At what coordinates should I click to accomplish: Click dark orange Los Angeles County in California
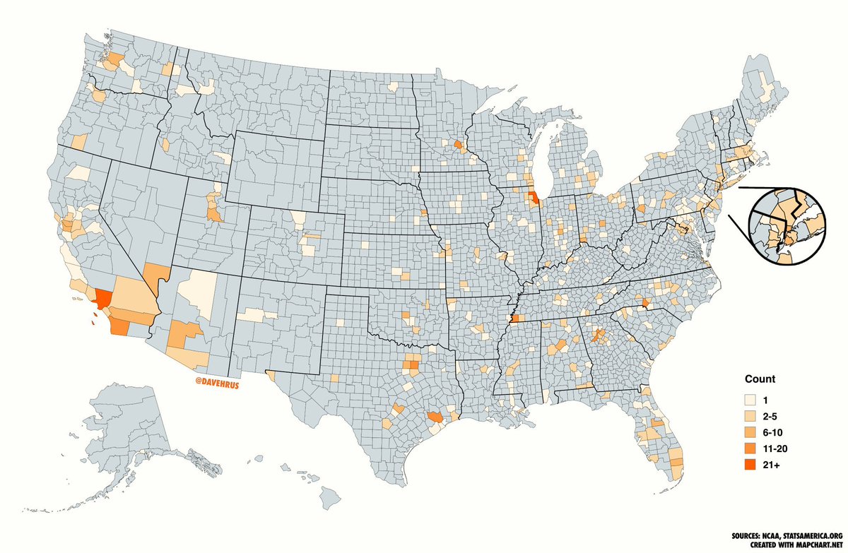[104, 299]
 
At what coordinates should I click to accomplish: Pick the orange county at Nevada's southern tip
[155, 273]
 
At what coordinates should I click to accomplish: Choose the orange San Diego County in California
[119, 327]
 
